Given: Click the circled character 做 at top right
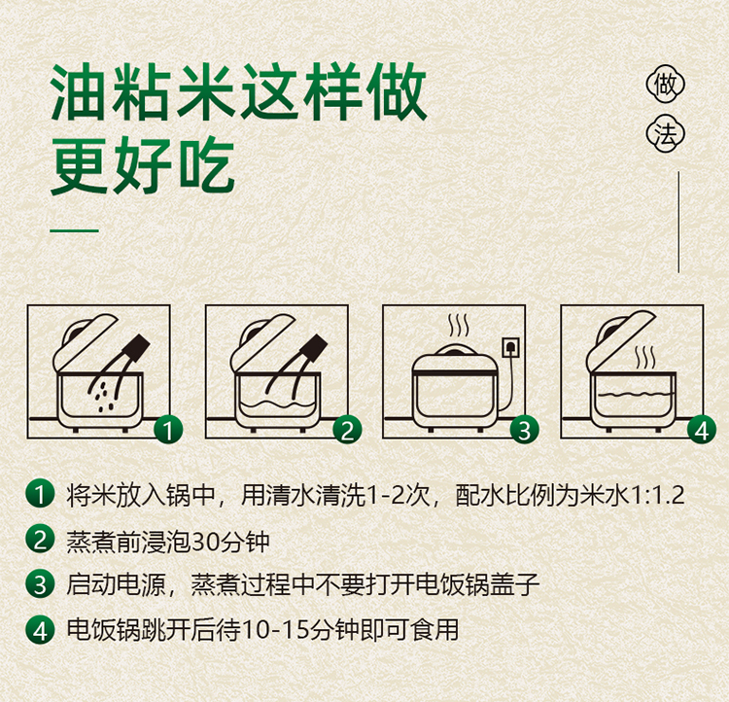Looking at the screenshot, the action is [666, 85].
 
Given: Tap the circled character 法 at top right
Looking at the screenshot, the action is [666, 134].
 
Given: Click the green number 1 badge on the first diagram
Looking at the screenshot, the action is [168, 430].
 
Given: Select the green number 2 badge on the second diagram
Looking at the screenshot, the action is [347, 430].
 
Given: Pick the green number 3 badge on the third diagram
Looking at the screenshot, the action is [525, 430].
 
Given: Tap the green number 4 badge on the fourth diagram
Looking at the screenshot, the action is [702, 430].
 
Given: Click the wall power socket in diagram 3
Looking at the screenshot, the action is [511, 347].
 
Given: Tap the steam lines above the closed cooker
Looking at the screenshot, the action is [459, 326].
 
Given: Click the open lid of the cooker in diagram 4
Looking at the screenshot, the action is [621, 338].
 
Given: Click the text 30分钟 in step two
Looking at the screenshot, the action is [230, 542].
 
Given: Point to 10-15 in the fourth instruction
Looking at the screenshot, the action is [276, 630].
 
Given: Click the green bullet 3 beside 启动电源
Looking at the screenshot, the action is [40, 584].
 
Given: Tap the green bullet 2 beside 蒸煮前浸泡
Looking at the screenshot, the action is [40, 540].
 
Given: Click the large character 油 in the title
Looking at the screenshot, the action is [79, 92].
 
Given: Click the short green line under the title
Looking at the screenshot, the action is [75, 229].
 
